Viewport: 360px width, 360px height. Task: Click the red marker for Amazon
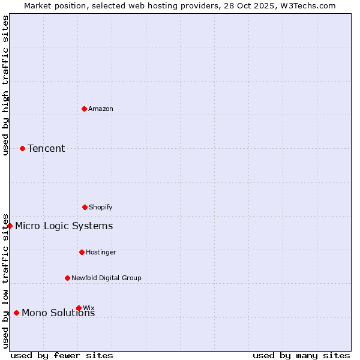84,109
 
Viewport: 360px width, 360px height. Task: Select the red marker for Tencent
22,148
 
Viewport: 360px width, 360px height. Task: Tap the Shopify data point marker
85,207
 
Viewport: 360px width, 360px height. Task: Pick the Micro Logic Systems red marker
10,226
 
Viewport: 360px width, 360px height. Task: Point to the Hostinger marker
82,252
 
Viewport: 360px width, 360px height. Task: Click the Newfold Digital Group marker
67,278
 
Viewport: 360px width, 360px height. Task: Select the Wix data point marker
79,308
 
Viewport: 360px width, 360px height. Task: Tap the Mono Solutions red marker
16,313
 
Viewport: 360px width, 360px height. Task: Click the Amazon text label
101,109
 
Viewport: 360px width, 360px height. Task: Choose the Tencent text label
46,148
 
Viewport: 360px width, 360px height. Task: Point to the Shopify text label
101,207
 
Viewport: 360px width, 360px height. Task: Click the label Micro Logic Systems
64,226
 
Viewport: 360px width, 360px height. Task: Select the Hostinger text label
101,252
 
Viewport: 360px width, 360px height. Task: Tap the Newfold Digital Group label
106,278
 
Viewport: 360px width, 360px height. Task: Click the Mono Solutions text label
58,313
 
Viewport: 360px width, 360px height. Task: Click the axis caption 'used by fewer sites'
62,355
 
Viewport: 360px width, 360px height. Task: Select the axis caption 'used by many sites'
301,355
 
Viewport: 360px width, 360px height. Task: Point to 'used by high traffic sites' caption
5,85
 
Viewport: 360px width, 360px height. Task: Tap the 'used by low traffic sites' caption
5,280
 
